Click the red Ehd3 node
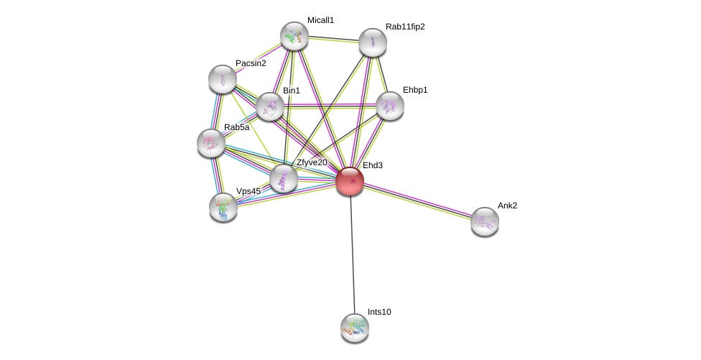[x=350, y=180]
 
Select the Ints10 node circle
[x=354, y=327]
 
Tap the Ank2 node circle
[x=484, y=221]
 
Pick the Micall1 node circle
[x=294, y=36]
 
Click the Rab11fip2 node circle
[x=372, y=42]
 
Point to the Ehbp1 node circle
[x=389, y=106]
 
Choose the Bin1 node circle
[x=269, y=106]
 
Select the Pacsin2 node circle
[x=222, y=79]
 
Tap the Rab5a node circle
[x=210, y=143]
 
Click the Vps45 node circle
[x=223, y=207]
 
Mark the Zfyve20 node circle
[x=283, y=178]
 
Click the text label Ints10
[x=379, y=312]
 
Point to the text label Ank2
[x=507, y=206]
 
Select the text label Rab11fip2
[x=405, y=27]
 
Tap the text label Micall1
[x=320, y=20]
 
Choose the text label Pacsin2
[x=251, y=63]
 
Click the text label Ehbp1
[x=415, y=90]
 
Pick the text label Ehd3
[x=372, y=165]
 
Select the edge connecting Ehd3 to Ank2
[x=417, y=200]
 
